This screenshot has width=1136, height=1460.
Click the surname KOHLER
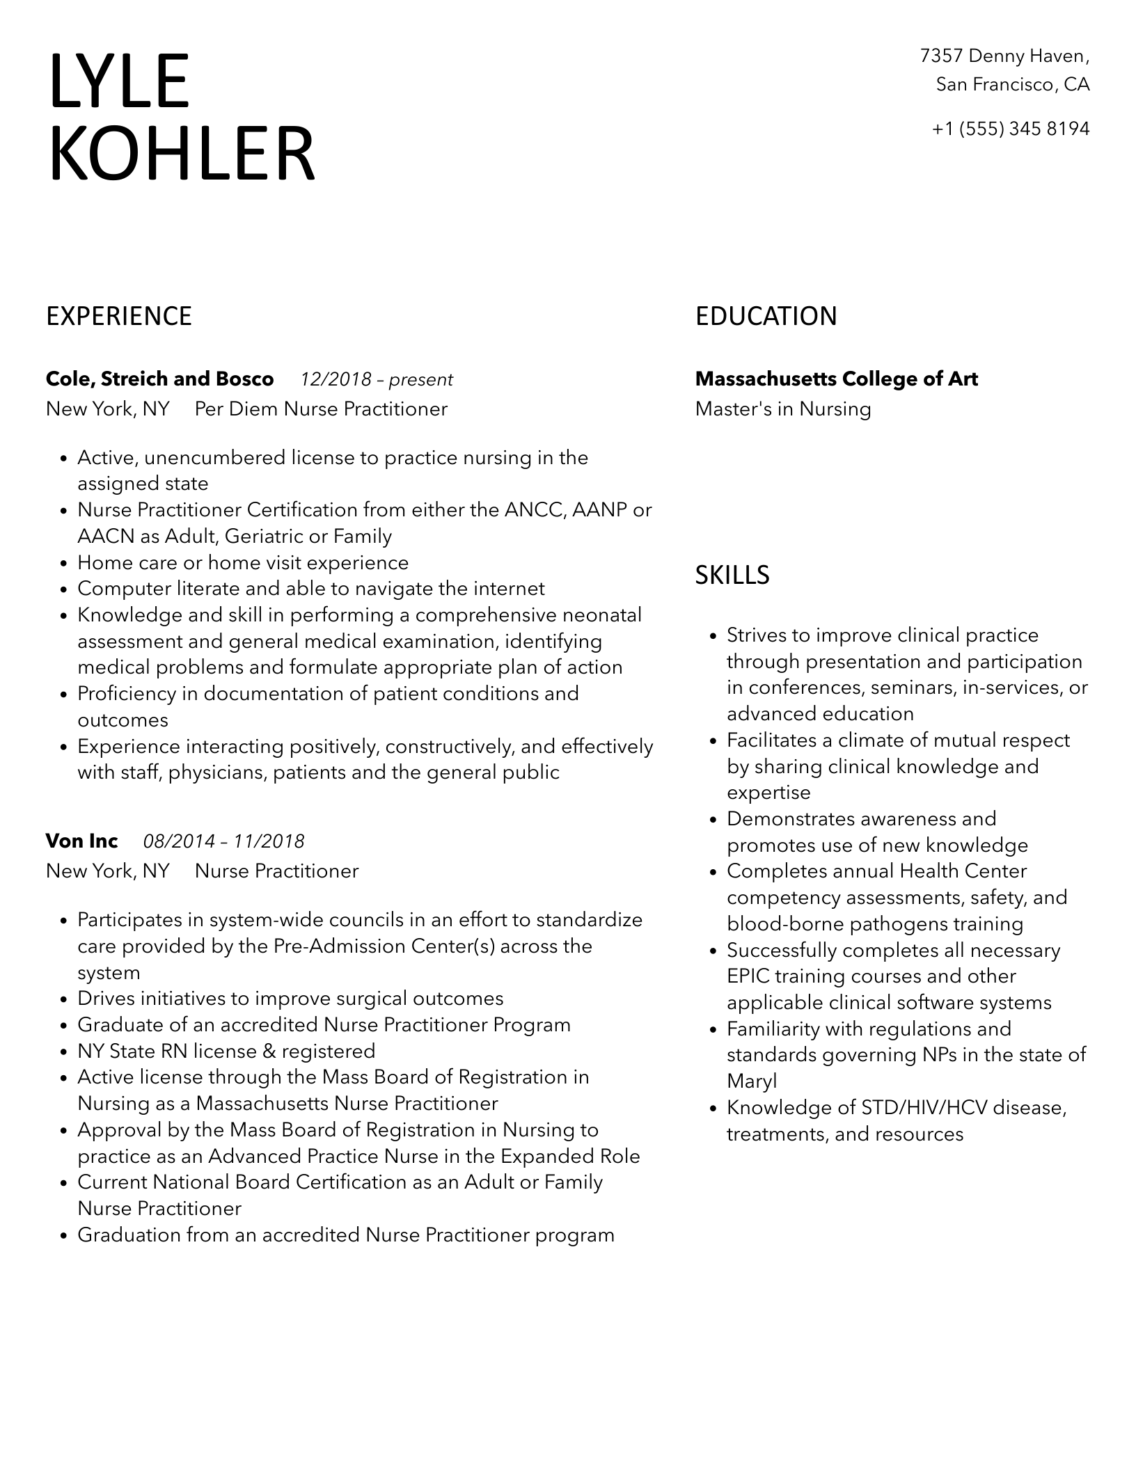pyautogui.click(x=182, y=154)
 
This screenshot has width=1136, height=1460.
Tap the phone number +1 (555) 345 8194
pyautogui.click(x=1011, y=129)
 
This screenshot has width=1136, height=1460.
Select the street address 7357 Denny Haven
pyautogui.click(x=1004, y=56)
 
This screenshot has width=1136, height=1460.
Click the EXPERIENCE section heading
pyautogui.click(x=119, y=317)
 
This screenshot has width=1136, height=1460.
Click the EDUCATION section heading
pyautogui.click(x=766, y=317)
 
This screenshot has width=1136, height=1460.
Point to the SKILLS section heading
pyautogui.click(x=732, y=575)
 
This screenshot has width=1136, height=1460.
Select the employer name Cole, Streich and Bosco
pyautogui.click(x=159, y=379)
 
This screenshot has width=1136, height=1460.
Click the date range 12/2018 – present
pyautogui.click(x=377, y=380)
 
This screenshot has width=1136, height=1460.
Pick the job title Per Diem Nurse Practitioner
pyautogui.click(x=321, y=409)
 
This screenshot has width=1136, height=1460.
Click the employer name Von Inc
pyautogui.click(x=81, y=841)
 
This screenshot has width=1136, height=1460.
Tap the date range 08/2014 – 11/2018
pyautogui.click(x=223, y=842)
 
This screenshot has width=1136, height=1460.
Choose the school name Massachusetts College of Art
pyautogui.click(x=836, y=379)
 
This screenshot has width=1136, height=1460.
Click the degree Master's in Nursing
pyautogui.click(x=783, y=409)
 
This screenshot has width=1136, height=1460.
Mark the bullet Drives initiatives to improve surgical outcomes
pyautogui.click(x=290, y=999)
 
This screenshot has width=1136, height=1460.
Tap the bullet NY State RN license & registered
pyautogui.click(x=226, y=1051)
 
